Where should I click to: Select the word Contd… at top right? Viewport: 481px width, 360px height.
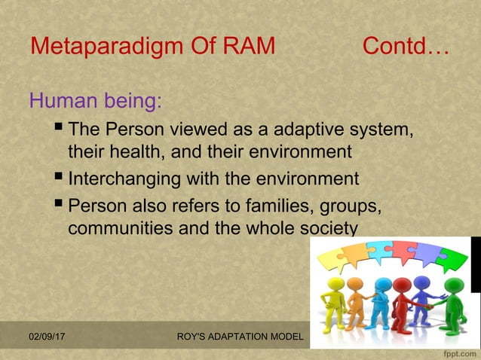pos(406,47)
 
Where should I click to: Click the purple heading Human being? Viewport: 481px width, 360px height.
pos(95,99)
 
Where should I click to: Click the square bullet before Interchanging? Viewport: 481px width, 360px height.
pos(60,179)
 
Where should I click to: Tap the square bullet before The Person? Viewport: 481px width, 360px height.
pos(60,129)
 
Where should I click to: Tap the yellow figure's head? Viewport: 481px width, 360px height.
pos(337,284)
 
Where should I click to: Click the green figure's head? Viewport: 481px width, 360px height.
pos(453,284)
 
